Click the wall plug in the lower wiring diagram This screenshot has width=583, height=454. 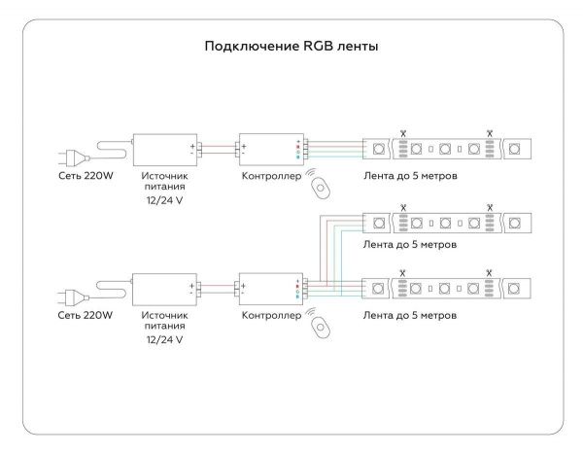click(70, 291)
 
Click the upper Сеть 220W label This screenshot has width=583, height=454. click(85, 177)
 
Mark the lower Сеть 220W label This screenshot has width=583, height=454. click(85, 315)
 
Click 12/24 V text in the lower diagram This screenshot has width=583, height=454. click(164, 341)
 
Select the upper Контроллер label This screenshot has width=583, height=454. click(272, 177)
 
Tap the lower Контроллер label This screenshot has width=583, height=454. click(272, 315)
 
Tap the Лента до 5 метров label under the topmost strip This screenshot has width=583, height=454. click(408, 177)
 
